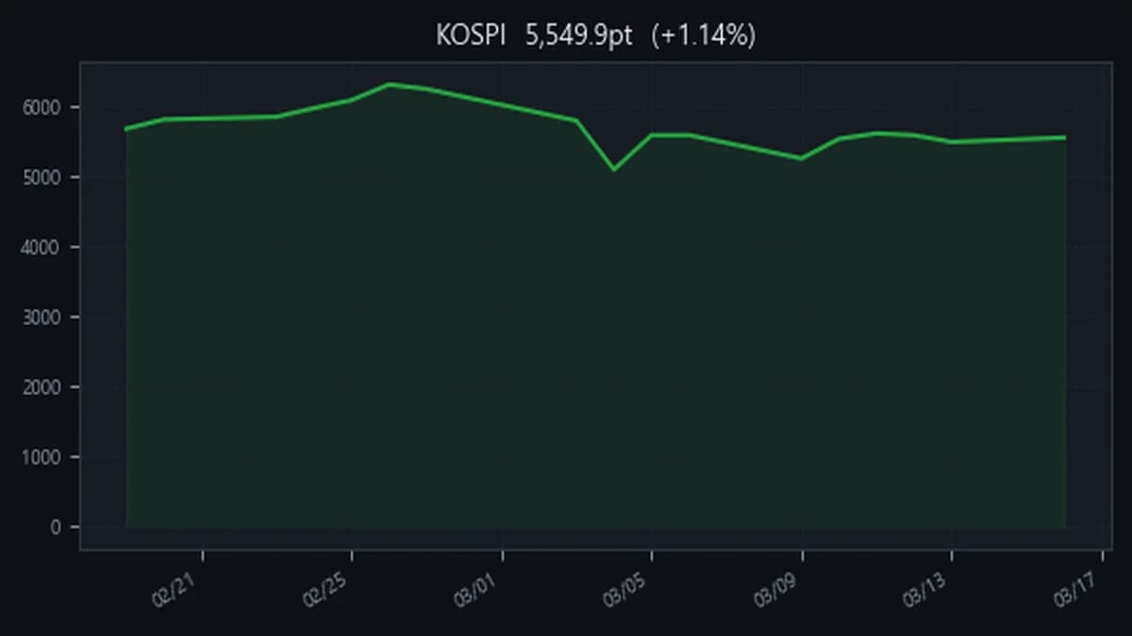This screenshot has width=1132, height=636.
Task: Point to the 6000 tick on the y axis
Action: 43,107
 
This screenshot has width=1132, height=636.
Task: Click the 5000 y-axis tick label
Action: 43,177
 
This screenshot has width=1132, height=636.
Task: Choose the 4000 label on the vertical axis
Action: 43,247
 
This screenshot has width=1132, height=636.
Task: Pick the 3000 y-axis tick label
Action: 43,318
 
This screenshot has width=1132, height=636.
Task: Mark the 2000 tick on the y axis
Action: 43,387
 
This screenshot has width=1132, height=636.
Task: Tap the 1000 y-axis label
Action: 43,457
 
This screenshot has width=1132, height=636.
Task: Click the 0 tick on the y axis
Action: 56,528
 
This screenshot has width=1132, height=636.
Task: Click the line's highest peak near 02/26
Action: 390,84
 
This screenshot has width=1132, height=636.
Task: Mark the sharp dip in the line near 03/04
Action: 614,170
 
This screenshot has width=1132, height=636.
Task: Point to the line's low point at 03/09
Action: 802,158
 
